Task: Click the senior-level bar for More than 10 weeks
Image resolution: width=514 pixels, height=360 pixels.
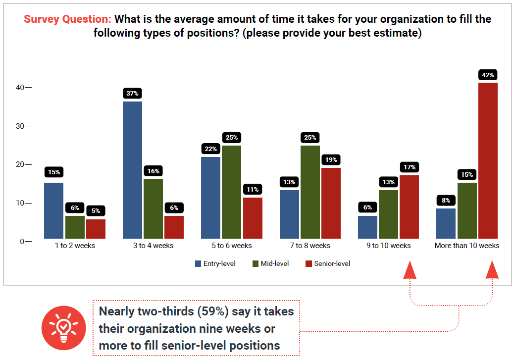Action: click(488, 161)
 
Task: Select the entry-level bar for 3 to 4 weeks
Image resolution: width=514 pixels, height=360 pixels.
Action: click(132, 170)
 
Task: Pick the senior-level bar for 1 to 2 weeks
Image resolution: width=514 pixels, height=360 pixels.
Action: click(96, 229)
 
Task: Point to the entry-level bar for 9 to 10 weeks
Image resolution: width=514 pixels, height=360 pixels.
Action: click(367, 227)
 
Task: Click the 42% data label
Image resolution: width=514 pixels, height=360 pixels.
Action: click(488, 75)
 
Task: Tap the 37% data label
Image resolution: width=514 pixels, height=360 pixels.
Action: click(132, 94)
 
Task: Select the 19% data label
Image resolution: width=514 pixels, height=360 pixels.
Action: click(331, 160)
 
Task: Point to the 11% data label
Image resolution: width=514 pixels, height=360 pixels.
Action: click(253, 190)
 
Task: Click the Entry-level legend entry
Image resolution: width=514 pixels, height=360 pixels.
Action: click(215, 263)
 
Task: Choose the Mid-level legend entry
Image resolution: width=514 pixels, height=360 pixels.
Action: click(271, 263)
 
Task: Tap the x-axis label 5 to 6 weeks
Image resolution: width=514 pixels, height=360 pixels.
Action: click(232, 246)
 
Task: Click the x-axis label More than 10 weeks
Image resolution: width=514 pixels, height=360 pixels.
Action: click(467, 246)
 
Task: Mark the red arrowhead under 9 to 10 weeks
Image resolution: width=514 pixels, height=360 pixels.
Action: click(410, 271)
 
